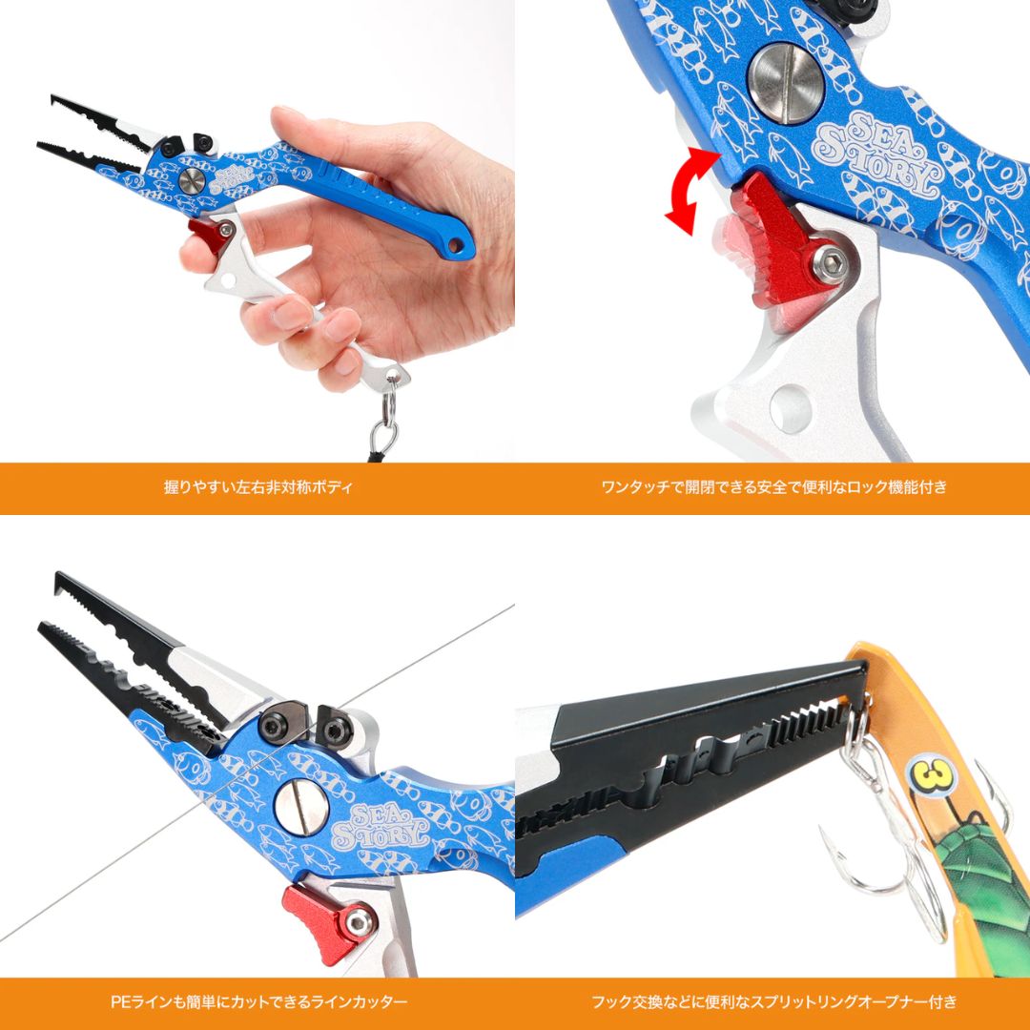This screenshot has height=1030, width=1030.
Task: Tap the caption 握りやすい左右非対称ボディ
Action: tap(258, 487)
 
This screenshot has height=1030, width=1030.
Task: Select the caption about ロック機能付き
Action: tap(774, 487)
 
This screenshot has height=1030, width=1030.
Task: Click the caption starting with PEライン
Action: tap(258, 1002)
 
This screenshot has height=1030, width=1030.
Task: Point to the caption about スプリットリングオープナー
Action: tap(774, 1002)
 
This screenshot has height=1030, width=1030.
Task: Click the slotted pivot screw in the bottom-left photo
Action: tap(301, 806)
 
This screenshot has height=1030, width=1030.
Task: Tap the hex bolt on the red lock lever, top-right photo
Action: tap(829, 264)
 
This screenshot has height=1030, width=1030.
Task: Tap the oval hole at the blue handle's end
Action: tap(454, 245)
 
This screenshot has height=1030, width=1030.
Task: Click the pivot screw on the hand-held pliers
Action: tap(192, 179)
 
